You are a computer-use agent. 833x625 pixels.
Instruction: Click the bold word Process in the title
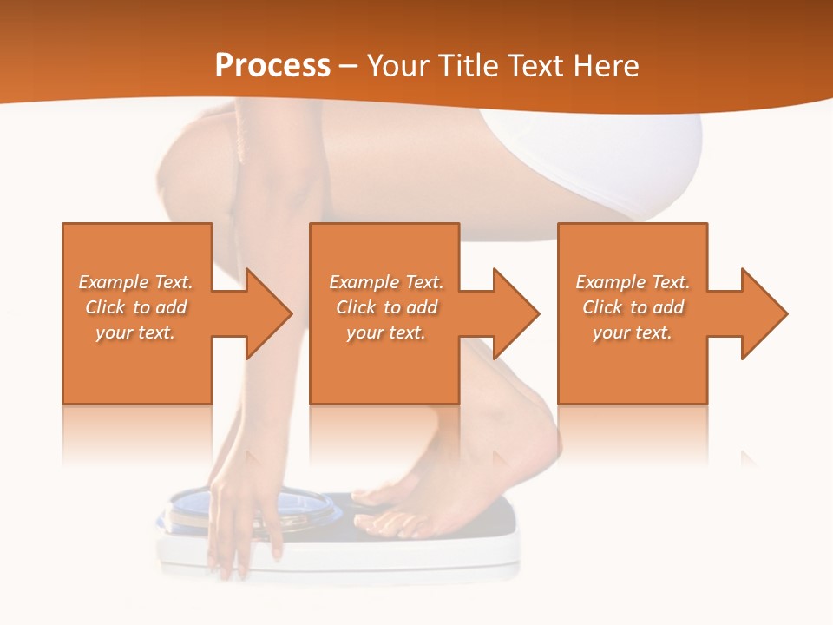[x=272, y=65]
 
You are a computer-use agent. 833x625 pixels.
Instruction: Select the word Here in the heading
[x=605, y=65]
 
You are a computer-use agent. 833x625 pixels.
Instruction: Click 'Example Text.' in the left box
[x=135, y=282]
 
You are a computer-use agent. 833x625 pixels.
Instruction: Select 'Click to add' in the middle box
[x=386, y=307]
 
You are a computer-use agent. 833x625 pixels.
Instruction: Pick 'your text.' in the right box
[x=632, y=332]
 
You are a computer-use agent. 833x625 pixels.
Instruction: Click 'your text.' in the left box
[x=135, y=332]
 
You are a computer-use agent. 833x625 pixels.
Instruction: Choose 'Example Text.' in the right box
[x=633, y=282]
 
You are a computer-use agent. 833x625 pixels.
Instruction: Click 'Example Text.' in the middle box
[x=386, y=282]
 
